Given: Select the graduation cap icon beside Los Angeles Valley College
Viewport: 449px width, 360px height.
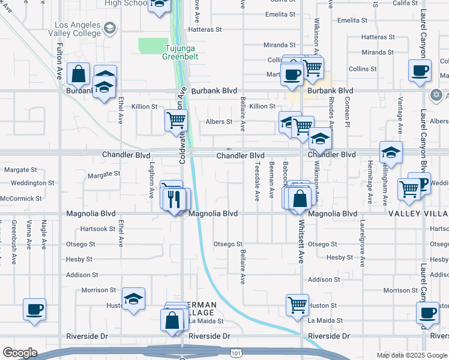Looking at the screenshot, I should [109, 28].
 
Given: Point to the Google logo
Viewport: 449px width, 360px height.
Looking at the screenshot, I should [20, 353].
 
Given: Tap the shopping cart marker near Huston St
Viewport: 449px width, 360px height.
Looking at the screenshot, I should [297, 305].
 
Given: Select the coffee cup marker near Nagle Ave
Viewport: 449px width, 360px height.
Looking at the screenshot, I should [34, 310].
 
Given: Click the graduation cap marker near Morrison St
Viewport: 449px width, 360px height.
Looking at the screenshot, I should [133, 299].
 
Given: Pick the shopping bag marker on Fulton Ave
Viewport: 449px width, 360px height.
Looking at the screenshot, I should [78, 74].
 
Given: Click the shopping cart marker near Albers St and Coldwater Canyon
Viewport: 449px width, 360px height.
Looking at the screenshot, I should [176, 120].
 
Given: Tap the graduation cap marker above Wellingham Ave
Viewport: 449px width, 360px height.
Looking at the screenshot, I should [391, 153].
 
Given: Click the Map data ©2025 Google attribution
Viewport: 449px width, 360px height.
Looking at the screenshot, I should [411, 355].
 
